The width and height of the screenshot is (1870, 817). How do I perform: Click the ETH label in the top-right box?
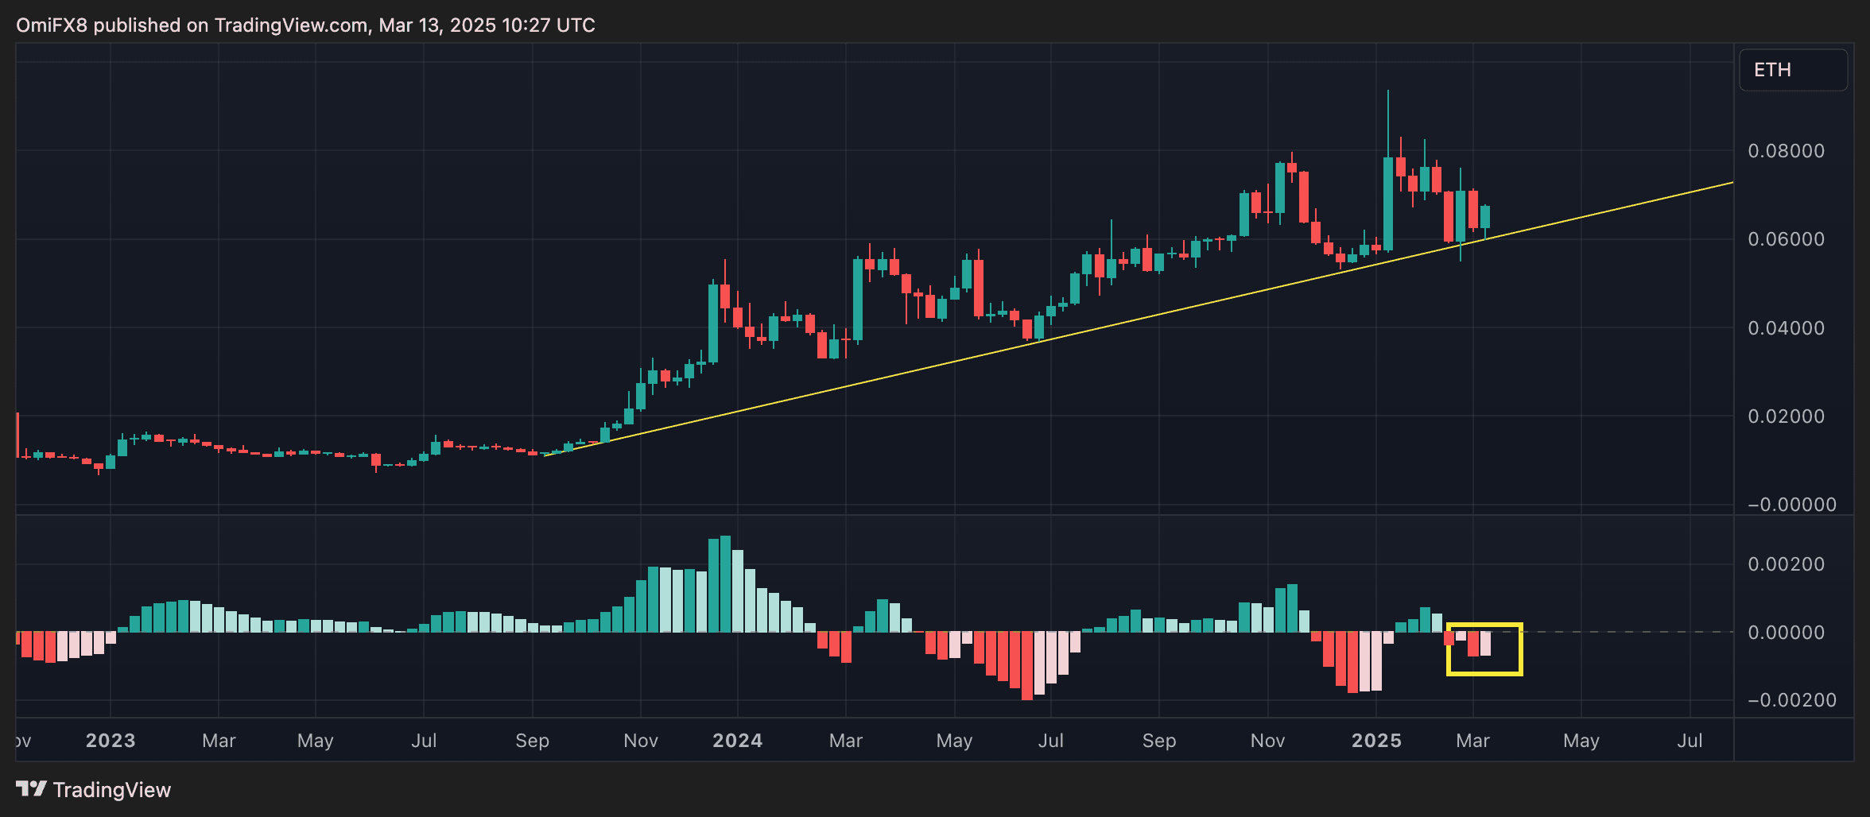click(1772, 70)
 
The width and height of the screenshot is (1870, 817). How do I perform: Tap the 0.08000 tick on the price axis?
click(1786, 151)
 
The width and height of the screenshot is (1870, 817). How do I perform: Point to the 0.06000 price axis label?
click(1786, 239)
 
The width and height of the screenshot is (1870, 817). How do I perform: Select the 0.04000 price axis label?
click(1786, 328)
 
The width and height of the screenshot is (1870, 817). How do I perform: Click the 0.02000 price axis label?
click(1786, 416)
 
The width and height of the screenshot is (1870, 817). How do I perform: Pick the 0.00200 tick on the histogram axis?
click(1786, 564)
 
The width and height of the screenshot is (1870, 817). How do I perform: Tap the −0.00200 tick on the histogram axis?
click(1791, 700)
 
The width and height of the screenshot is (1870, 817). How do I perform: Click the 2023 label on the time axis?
click(111, 741)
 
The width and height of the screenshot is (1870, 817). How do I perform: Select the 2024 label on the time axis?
click(737, 741)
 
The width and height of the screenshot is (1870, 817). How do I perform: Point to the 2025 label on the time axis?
click(1376, 741)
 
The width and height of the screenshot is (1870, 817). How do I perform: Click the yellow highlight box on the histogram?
click(1484, 649)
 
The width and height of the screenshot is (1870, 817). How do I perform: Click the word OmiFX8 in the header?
click(52, 25)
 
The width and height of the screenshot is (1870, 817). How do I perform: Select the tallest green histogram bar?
click(725, 584)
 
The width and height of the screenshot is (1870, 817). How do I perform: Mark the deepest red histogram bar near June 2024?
click(1027, 666)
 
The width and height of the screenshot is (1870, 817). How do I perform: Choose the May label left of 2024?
click(315, 741)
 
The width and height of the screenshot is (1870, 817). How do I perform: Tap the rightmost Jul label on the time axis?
click(1690, 741)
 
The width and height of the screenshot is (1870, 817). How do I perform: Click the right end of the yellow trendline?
click(1732, 183)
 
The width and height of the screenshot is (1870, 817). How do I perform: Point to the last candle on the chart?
click(1485, 217)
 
